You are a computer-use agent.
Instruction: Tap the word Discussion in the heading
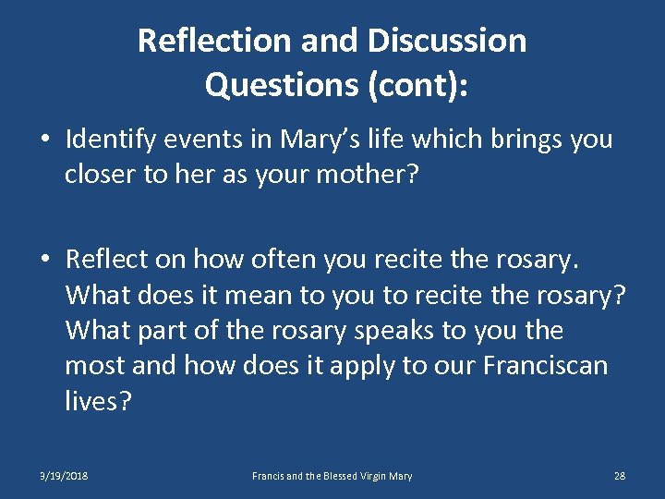click(447, 41)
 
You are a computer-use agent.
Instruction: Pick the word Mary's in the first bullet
click(306, 140)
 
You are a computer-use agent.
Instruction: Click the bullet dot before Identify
click(45, 140)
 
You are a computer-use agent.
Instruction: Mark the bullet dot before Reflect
click(45, 261)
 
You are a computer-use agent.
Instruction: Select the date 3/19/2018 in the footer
click(64, 476)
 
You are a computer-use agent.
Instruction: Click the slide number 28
click(620, 476)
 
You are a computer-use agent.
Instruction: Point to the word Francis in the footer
click(270, 476)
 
